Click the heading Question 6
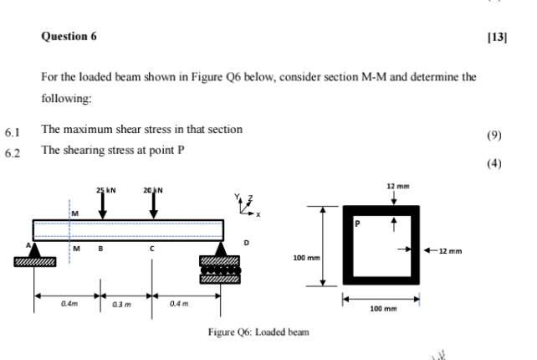[69, 37]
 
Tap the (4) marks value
[494, 163]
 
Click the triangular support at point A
[36, 248]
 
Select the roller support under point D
[219, 268]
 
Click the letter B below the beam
[100, 248]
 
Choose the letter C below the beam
[152, 248]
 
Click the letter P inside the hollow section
[357, 224]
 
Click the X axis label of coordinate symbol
[258, 214]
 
